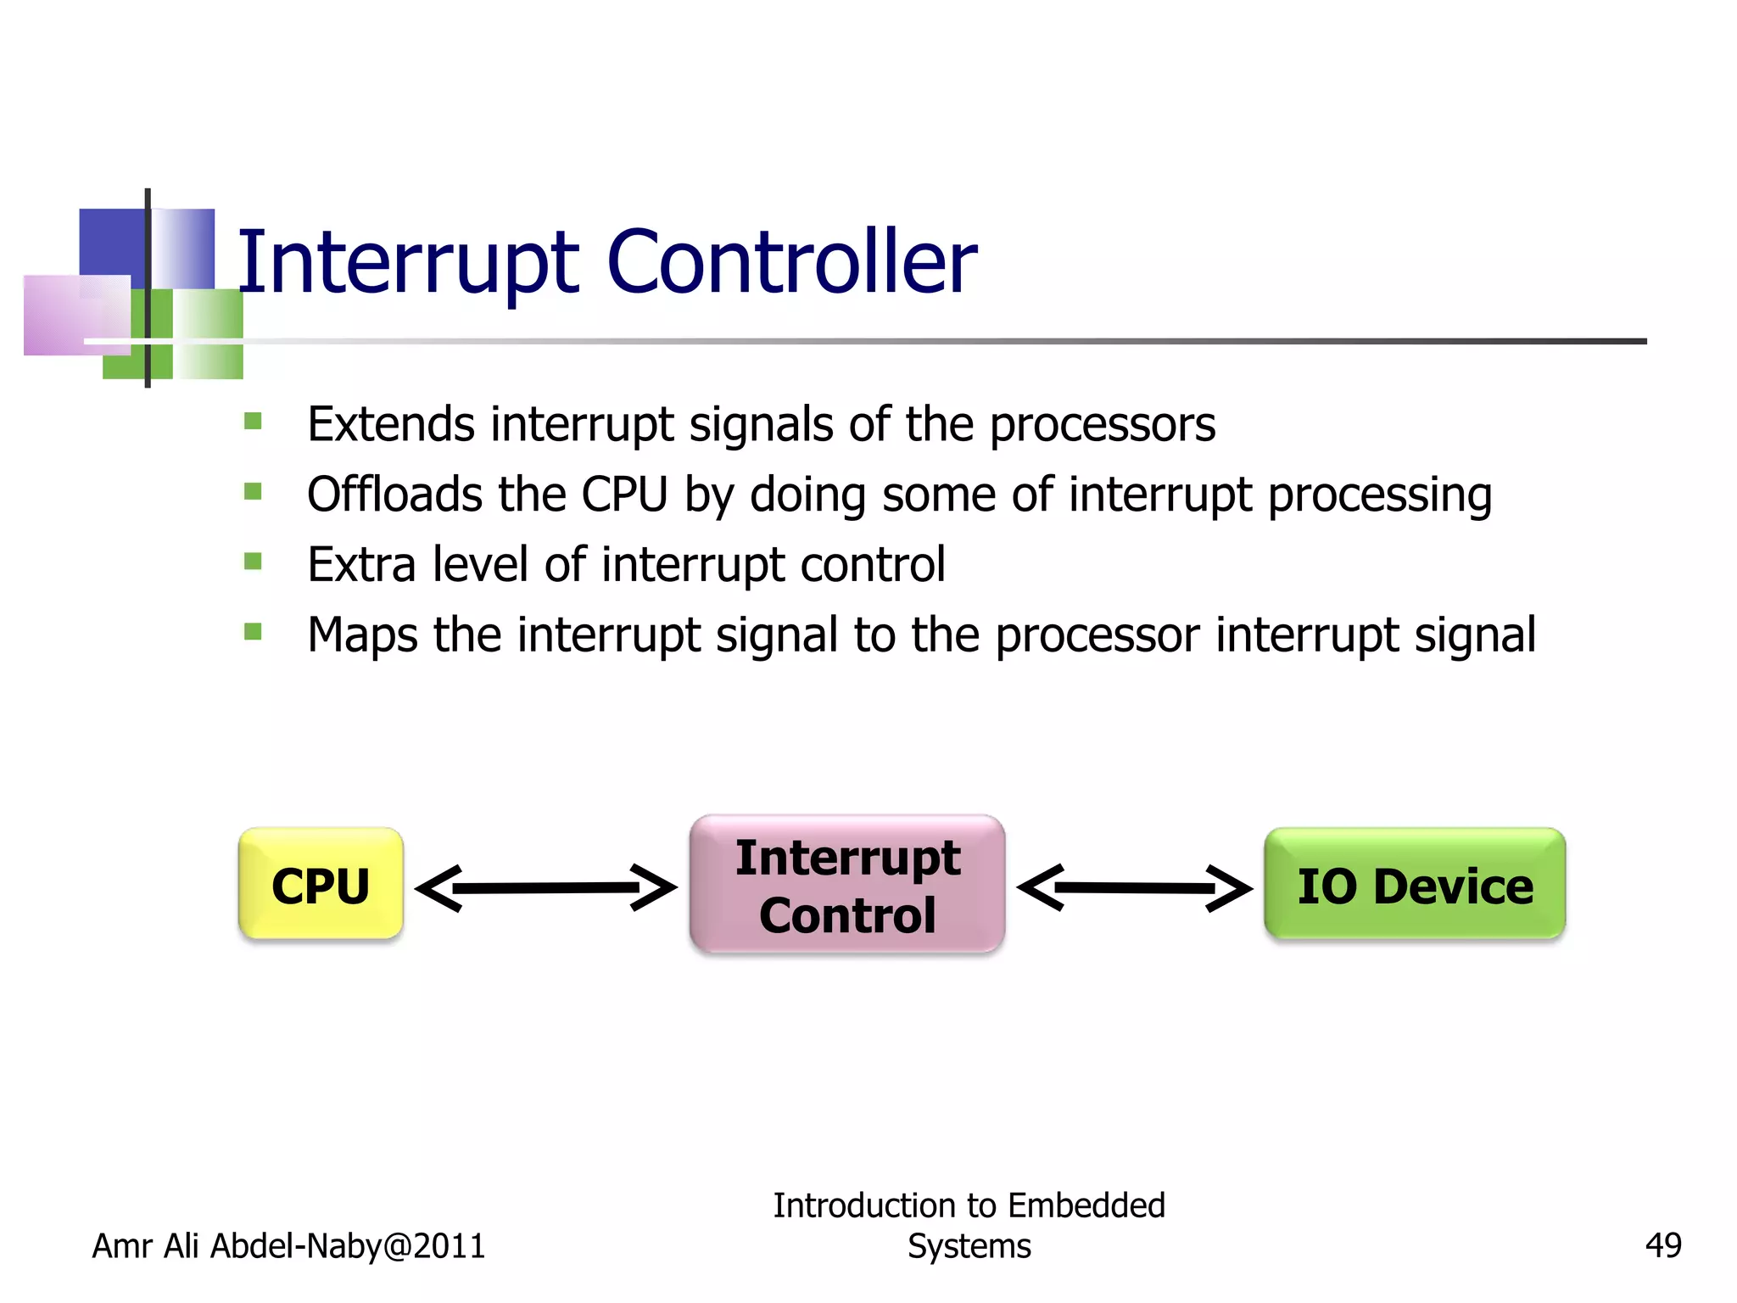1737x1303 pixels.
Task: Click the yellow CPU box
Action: click(x=321, y=885)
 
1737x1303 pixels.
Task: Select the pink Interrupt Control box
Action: click(x=847, y=885)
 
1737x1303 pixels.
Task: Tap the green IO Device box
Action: click(x=1414, y=885)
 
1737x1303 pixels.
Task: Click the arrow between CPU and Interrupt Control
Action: click(x=545, y=888)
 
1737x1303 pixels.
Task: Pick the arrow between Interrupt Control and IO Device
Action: click(x=1134, y=888)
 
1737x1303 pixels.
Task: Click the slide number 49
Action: click(x=1662, y=1245)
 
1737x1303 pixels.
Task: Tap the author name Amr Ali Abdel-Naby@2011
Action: click(x=288, y=1245)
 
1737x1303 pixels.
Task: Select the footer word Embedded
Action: click(x=1086, y=1205)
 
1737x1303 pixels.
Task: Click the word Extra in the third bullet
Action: click(x=361, y=564)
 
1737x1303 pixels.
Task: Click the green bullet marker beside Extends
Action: click(x=253, y=421)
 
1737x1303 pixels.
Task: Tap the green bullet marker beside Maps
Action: click(x=253, y=631)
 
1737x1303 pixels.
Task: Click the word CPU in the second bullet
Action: click(x=624, y=494)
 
